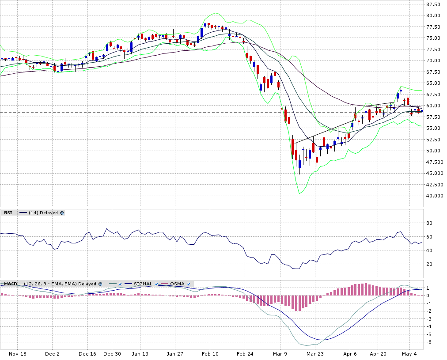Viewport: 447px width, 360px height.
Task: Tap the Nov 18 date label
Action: tap(18, 354)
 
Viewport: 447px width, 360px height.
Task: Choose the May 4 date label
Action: tap(409, 354)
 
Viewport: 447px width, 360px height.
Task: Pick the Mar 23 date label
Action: tap(315, 354)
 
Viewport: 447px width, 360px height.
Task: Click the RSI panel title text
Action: tap(8, 212)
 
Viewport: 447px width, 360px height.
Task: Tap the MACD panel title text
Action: tap(10, 284)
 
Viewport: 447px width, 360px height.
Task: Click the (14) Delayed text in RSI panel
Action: tap(43, 212)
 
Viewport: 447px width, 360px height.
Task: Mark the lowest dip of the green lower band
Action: tap(299, 193)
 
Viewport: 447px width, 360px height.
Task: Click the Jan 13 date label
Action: tap(140, 354)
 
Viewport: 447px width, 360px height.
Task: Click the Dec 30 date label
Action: tap(112, 354)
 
